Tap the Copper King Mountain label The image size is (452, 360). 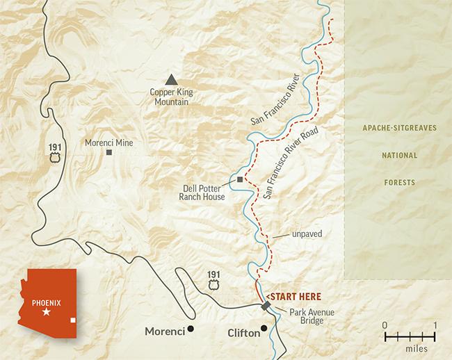coord(170,97)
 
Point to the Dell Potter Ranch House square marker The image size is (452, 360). coord(240,180)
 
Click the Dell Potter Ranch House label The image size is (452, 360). coord(204,191)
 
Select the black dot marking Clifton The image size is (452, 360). coord(264,328)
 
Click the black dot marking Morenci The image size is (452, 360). coord(190,329)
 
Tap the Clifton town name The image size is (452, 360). coord(243,333)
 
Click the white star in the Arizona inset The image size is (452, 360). coord(47,313)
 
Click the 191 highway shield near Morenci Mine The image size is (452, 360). coord(54,150)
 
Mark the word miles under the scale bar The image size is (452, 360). coord(410,347)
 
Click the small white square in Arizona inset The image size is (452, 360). coord(74,320)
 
